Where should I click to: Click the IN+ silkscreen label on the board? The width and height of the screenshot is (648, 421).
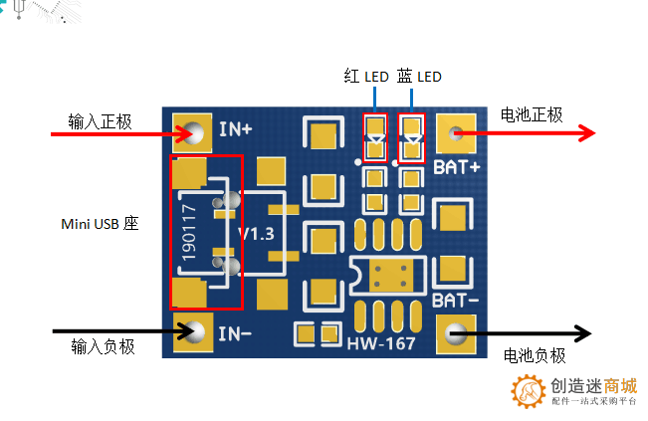[x=236, y=129]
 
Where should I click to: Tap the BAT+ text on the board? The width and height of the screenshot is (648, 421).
[x=457, y=166]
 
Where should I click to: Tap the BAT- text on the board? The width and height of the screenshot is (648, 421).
[x=457, y=299]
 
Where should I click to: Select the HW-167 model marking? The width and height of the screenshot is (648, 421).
[x=380, y=342]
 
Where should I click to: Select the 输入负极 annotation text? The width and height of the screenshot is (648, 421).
[x=103, y=346]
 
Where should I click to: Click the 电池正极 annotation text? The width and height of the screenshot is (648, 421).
[x=532, y=115]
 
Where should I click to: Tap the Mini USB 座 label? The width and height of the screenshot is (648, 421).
[x=99, y=224]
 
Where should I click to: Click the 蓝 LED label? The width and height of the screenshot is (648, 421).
[x=418, y=77]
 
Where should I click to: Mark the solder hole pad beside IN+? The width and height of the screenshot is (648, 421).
[x=192, y=131]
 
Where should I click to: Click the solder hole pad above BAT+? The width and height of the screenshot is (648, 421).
[x=457, y=131]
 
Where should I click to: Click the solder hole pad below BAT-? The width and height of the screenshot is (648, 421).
[x=457, y=331]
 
